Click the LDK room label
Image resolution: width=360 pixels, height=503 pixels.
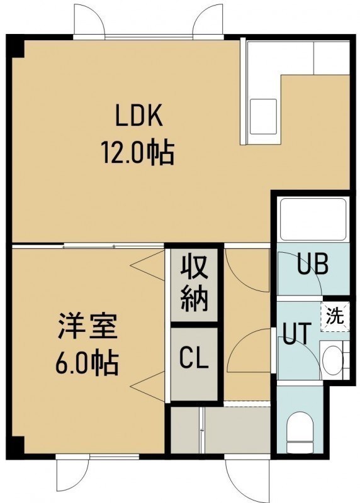tap(139, 117)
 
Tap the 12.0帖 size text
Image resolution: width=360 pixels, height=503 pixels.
tap(138, 153)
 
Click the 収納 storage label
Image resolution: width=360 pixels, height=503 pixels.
tap(194, 284)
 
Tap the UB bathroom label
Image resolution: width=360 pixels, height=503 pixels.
tap(312, 265)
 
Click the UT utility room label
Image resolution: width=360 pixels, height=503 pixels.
tap(296, 334)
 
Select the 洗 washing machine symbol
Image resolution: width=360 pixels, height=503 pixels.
tap(335, 317)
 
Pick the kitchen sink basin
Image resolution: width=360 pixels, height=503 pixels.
tap(263, 116)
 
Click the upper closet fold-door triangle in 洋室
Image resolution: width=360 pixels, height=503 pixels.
tap(148, 265)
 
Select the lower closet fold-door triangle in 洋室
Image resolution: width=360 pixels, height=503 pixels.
tap(148, 387)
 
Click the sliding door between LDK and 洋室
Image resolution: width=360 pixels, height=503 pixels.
tap(88, 246)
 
